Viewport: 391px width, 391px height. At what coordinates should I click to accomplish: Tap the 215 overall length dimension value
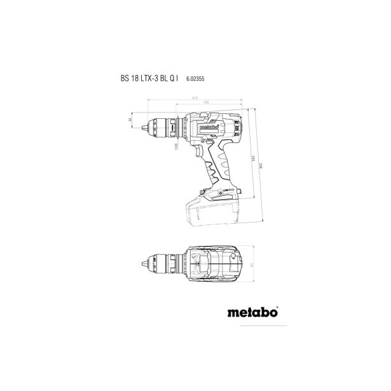click(193, 97)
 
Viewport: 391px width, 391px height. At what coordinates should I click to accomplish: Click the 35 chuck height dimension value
click(130, 119)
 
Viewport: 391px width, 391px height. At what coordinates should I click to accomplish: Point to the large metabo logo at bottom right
click(252, 330)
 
